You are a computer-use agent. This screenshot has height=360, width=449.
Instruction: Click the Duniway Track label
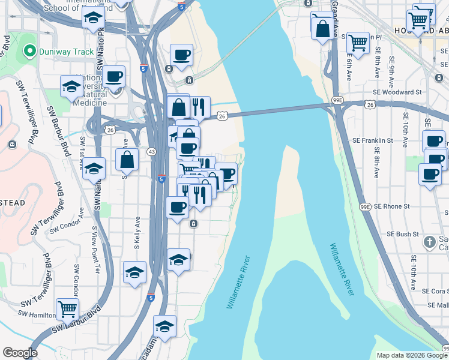(66, 52)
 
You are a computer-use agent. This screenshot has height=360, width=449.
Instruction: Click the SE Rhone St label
(391, 206)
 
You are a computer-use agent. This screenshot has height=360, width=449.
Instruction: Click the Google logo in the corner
(20, 353)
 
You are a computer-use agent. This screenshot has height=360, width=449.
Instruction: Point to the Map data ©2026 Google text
(412, 355)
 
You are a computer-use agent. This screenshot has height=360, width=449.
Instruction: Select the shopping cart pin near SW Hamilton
(67, 309)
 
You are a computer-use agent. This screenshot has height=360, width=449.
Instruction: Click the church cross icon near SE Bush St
(429, 242)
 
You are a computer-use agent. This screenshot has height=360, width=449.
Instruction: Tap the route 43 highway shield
(152, 152)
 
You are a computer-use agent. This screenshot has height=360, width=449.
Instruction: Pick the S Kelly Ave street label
(138, 235)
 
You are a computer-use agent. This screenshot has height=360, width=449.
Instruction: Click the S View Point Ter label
(94, 244)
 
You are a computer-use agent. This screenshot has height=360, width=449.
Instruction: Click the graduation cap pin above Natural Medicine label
(71, 86)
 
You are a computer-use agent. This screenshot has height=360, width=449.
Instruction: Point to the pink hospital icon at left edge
(13, 145)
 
